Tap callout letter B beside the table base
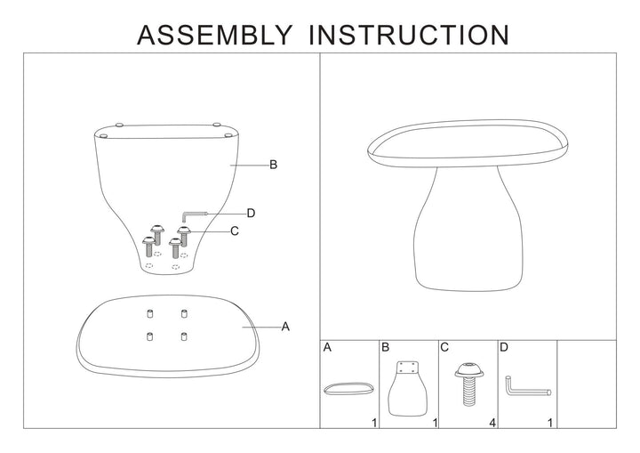274,165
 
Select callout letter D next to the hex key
252,213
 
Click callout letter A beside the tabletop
286,328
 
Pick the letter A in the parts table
327,348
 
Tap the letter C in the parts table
445,348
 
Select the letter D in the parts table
504,348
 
